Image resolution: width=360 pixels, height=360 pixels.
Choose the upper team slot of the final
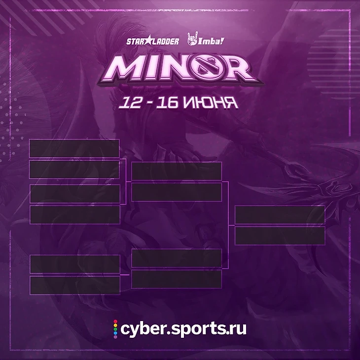(280, 215)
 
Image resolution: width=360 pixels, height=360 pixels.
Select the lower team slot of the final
(280, 236)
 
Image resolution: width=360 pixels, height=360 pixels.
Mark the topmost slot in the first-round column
(74, 148)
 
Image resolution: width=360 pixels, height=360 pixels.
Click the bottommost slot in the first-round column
(75, 285)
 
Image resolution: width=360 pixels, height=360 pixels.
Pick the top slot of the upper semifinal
(177, 171)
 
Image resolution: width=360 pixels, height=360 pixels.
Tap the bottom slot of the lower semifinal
(177, 279)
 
